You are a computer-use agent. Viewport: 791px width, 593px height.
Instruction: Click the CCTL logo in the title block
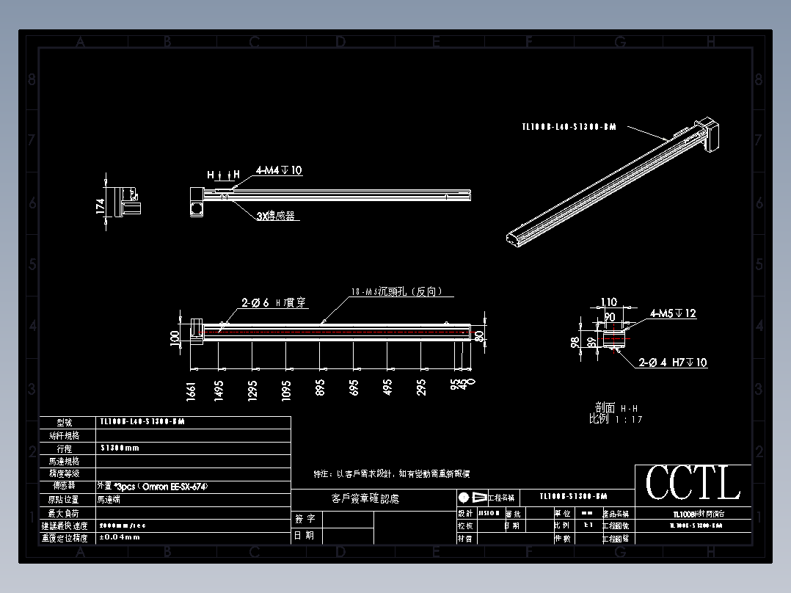(x=693, y=484)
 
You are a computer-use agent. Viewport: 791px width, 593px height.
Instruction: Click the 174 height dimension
(x=101, y=206)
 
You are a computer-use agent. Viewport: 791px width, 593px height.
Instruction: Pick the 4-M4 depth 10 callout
(x=279, y=170)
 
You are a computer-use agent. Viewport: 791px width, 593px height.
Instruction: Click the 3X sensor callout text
(x=276, y=217)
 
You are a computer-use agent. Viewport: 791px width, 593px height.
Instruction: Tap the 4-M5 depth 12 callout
(x=673, y=313)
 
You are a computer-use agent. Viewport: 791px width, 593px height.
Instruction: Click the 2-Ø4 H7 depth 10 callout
(x=673, y=363)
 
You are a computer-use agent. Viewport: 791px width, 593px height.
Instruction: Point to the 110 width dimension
(x=609, y=302)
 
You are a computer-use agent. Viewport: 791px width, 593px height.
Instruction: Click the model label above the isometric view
(x=569, y=127)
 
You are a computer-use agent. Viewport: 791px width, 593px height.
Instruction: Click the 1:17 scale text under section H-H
(x=616, y=419)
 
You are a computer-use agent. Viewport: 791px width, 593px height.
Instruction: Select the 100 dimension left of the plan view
(x=175, y=338)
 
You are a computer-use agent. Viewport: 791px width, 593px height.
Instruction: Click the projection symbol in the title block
(x=472, y=497)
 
